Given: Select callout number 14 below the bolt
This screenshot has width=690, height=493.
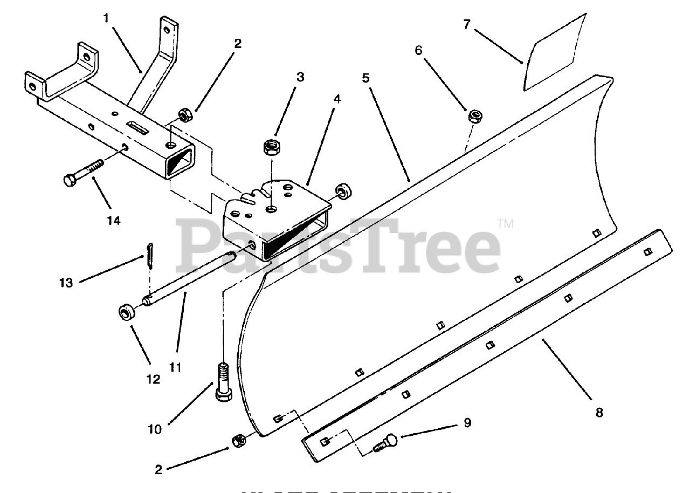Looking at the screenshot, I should pyautogui.click(x=113, y=220).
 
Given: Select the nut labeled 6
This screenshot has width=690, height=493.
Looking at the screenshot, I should pyautogui.click(x=474, y=115).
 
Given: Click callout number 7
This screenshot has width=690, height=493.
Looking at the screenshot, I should pyautogui.click(x=467, y=25).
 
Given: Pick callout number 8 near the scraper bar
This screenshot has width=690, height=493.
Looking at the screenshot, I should pyautogui.click(x=598, y=413).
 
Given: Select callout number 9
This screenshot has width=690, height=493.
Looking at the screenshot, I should pyautogui.click(x=467, y=423).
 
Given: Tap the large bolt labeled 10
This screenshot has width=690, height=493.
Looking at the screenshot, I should pyautogui.click(x=223, y=382).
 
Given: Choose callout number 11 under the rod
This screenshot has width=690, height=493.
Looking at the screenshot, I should pyautogui.click(x=175, y=367).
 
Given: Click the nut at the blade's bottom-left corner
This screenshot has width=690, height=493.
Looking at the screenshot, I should pyautogui.click(x=239, y=440).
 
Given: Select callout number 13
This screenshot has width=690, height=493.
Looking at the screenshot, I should pyautogui.click(x=66, y=283).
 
